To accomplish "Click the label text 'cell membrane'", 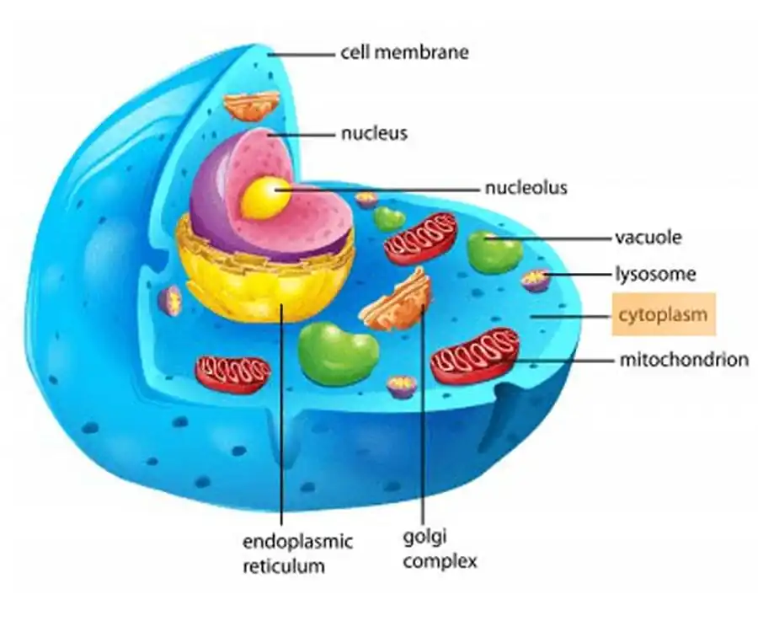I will coord(404,52).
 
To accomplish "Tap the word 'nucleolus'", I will coord(526,188).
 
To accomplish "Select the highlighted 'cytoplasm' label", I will coord(665,315).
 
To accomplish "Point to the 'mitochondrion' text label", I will coord(684,360).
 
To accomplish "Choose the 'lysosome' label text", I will coord(654,274).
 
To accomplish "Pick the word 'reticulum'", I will coord(284,565).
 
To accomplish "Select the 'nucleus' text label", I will coord(374,133).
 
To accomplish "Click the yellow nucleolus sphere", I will coord(260,196).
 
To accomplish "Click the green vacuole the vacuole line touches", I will coord(494,251).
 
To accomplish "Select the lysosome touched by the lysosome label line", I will coord(536,280).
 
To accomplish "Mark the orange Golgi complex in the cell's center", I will coord(398,300).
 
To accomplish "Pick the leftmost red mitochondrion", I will coord(232,373).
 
